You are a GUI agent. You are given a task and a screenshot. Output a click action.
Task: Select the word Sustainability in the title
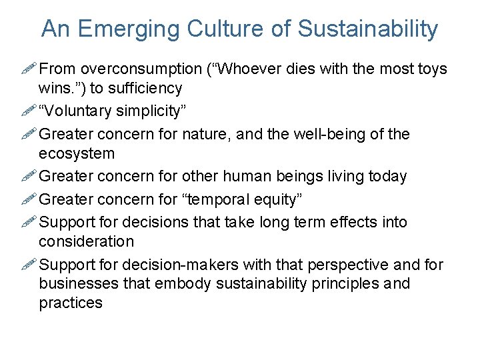click(x=368, y=29)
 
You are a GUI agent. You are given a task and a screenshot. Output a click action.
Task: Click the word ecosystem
click(x=77, y=153)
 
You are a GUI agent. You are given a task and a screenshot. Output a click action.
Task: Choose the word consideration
click(x=86, y=241)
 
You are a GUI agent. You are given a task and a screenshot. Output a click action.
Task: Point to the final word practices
click(x=71, y=303)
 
